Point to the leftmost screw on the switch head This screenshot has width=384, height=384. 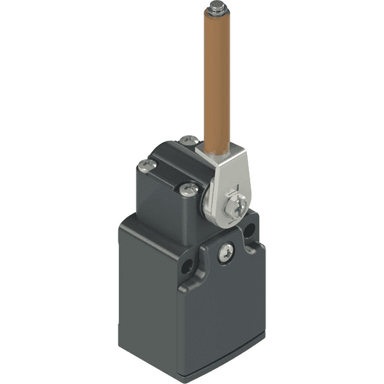[x=147, y=166]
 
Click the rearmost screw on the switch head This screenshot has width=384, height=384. [x=187, y=140]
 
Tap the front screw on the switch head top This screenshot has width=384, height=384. [x=189, y=189]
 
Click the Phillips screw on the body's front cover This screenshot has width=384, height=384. [x=225, y=253]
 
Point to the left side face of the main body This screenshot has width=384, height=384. [x=147, y=288]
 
